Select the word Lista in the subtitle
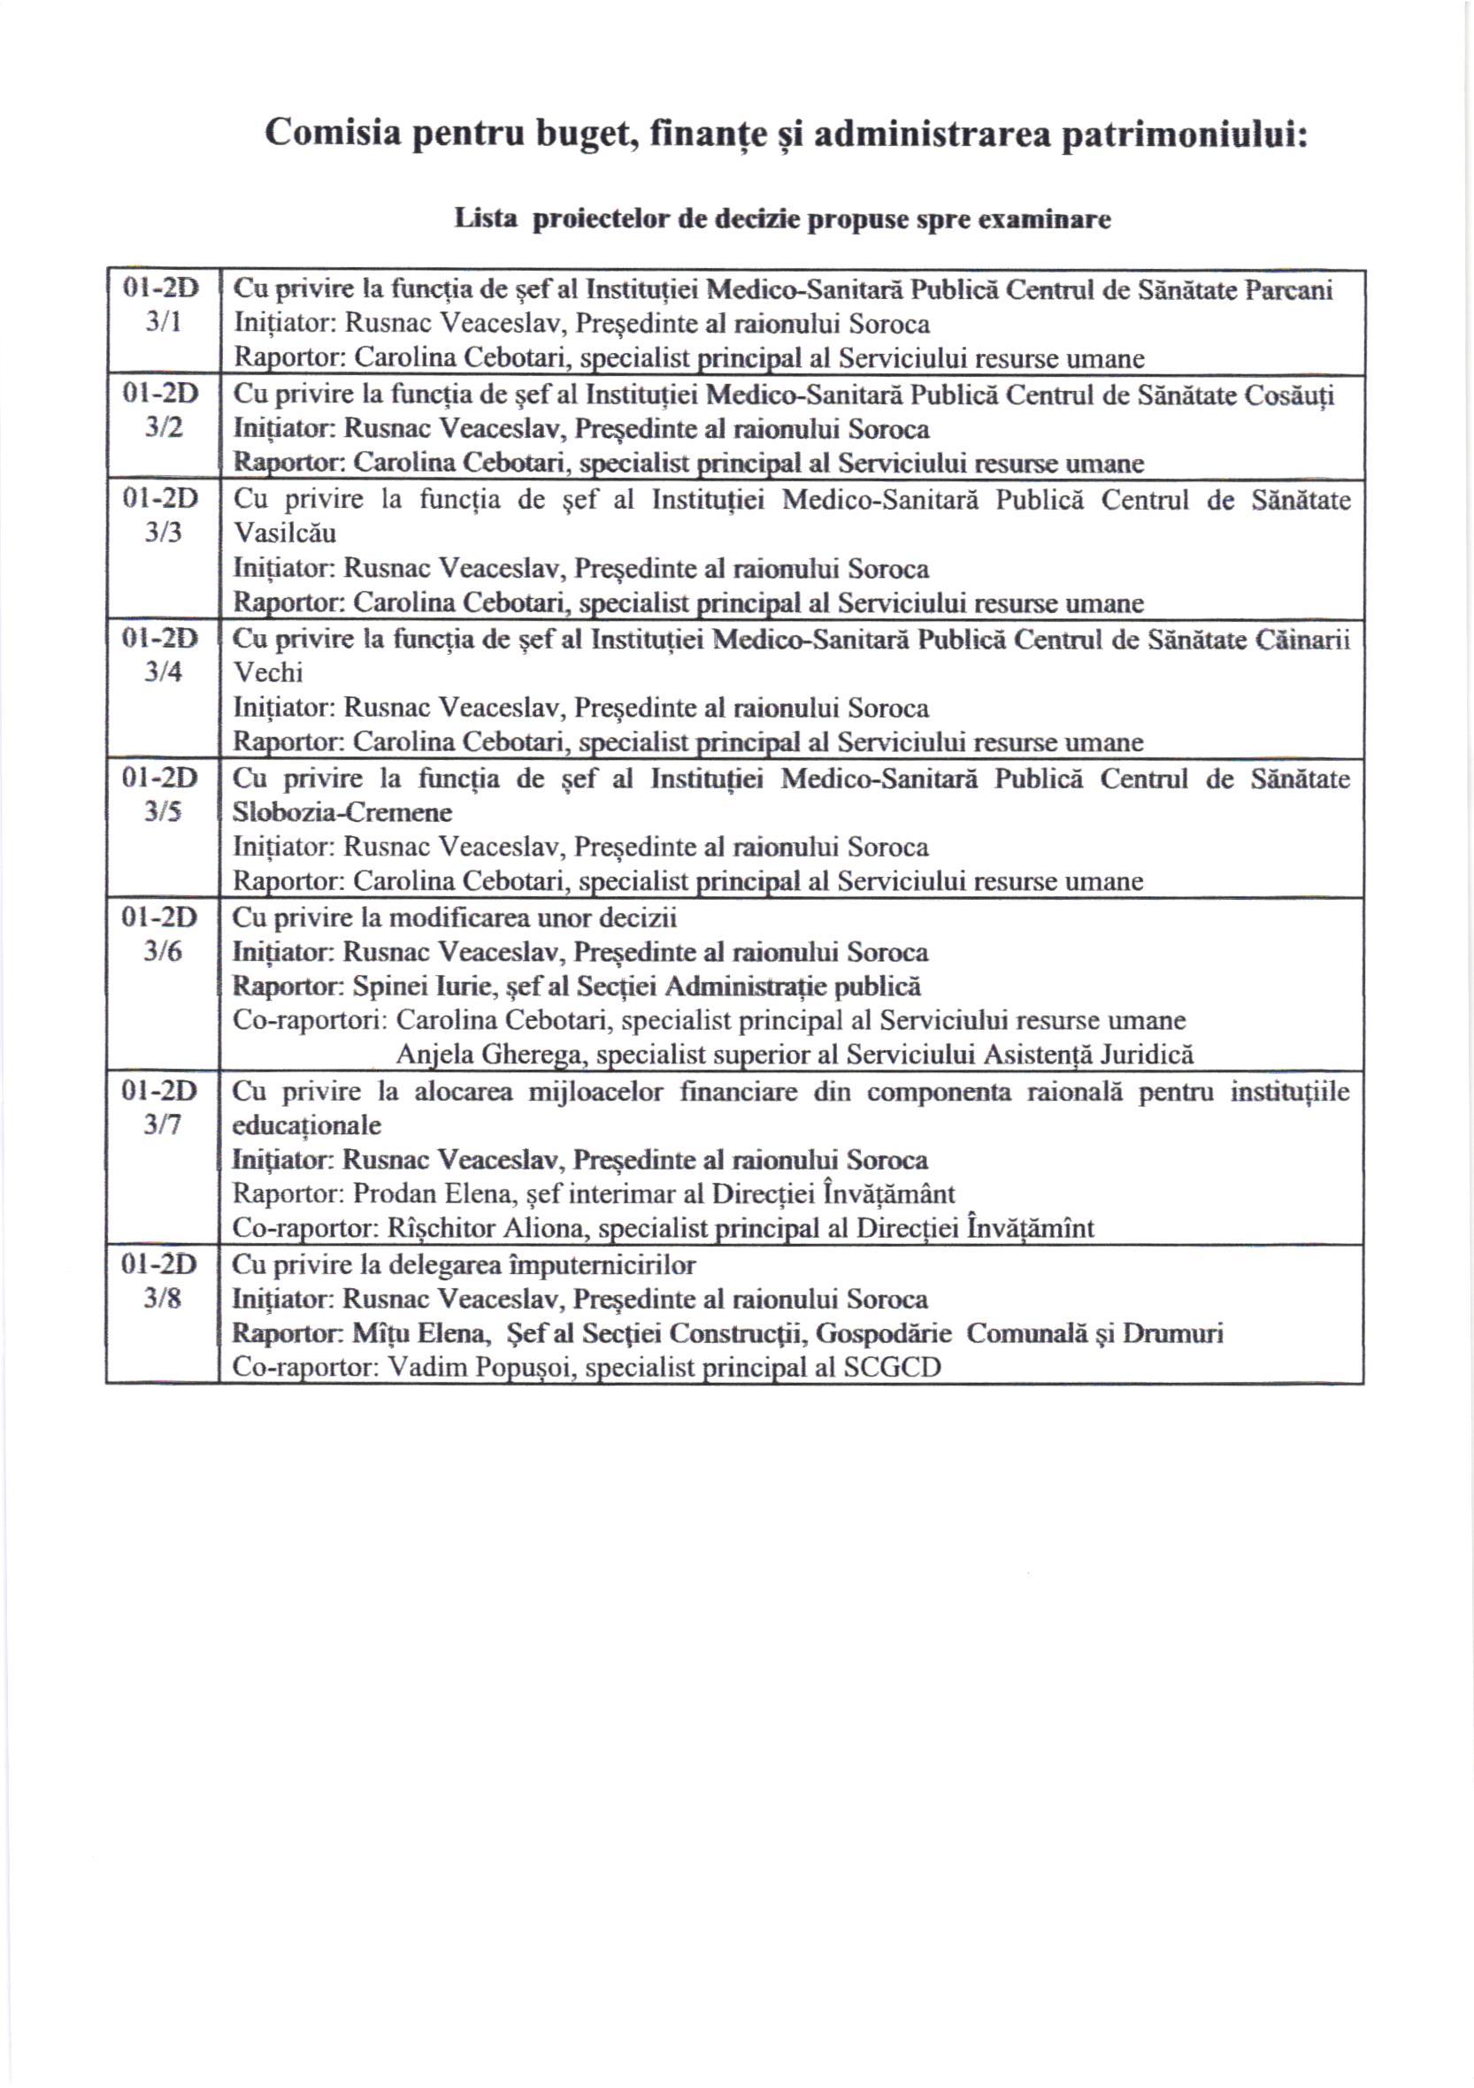(487, 219)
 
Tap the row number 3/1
(164, 323)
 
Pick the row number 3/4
(163, 672)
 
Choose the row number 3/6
(163, 951)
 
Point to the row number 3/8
(163, 1299)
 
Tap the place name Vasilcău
(285, 533)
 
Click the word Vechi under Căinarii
(268, 673)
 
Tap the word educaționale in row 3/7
(306, 1126)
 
